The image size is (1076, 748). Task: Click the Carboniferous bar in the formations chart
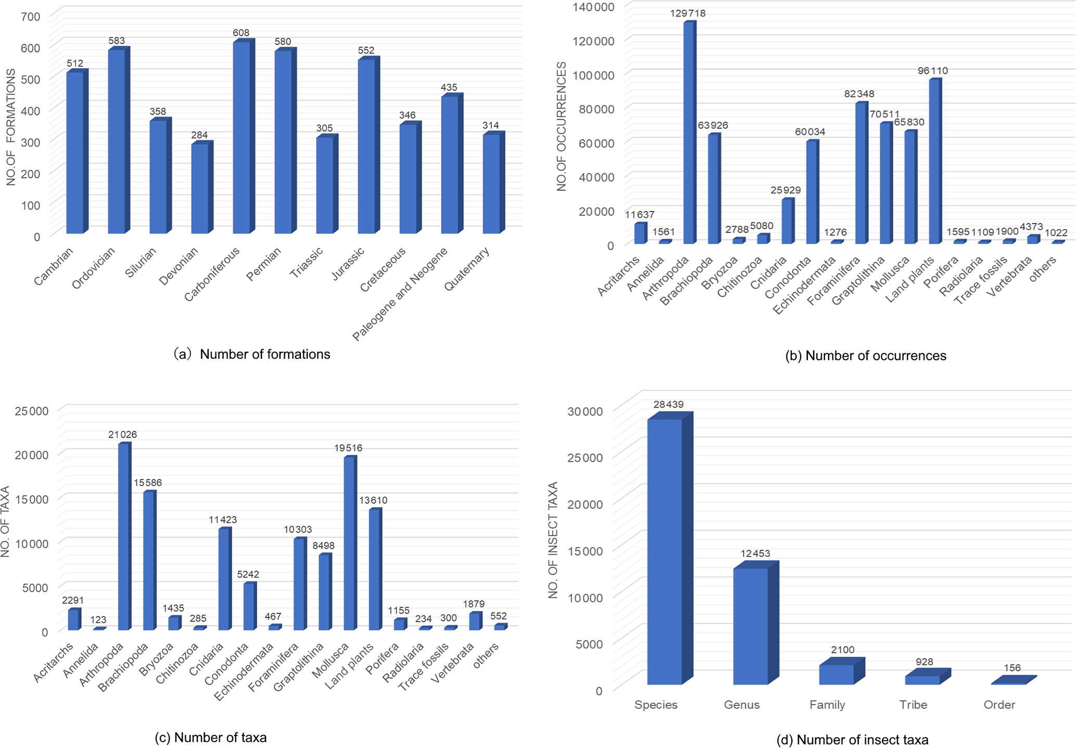pos(242,138)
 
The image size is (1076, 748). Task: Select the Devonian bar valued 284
pos(200,188)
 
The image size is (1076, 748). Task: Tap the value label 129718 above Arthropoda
pos(688,14)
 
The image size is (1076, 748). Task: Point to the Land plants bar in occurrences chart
pos(934,161)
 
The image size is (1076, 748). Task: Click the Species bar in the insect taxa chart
pos(665,552)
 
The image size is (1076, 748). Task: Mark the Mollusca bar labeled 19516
pos(349,544)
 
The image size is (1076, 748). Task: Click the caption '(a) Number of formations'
pos(252,354)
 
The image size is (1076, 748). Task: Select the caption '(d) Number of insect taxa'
pos(852,740)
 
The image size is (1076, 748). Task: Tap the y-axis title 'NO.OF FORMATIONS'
pos(11,134)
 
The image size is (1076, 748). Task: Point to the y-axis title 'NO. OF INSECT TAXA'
pos(553,540)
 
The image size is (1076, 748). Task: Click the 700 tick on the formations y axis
pos(30,17)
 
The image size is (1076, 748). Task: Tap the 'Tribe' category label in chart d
pos(913,705)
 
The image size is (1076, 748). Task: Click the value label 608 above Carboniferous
pos(241,33)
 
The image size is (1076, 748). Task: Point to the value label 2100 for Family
pos(842,650)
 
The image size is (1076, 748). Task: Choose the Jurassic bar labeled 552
pos(366,146)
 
